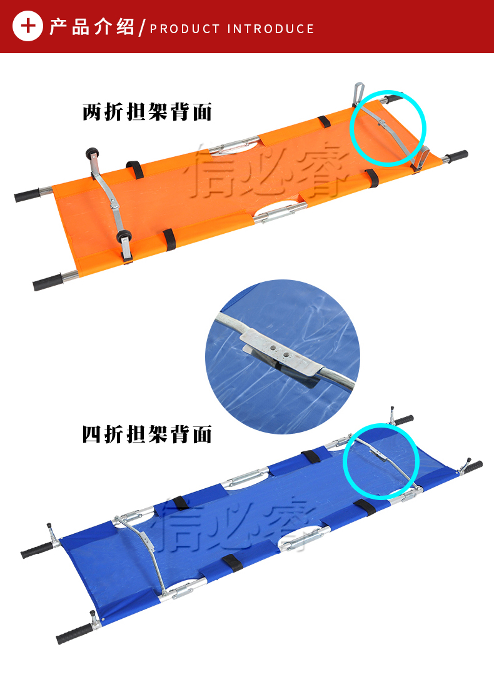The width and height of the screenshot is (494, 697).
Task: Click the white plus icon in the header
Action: (x=28, y=26)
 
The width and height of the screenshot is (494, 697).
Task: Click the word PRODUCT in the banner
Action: (x=184, y=29)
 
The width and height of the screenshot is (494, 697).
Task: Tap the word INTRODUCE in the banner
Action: (x=270, y=29)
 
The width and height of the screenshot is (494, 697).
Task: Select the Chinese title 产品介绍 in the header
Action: (x=91, y=27)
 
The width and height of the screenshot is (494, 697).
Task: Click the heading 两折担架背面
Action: (x=147, y=112)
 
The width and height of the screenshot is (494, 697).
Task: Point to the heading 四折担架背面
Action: (x=147, y=434)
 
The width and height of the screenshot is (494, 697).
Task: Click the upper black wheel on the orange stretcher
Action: (x=93, y=154)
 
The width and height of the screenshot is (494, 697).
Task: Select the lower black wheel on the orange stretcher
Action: (x=124, y=236)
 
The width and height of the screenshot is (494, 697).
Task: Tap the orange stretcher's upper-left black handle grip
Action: (x=28, y=194)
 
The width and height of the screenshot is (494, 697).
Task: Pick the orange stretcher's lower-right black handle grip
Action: (x=456, y=156)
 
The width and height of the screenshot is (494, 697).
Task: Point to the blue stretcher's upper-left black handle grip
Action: (x=36, y=550)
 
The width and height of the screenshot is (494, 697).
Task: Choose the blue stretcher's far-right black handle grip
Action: (x=473, y=467)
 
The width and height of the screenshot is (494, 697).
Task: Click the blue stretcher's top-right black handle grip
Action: (x=404, y=419)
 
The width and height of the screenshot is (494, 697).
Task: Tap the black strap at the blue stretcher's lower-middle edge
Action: (x=232, y=563)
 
